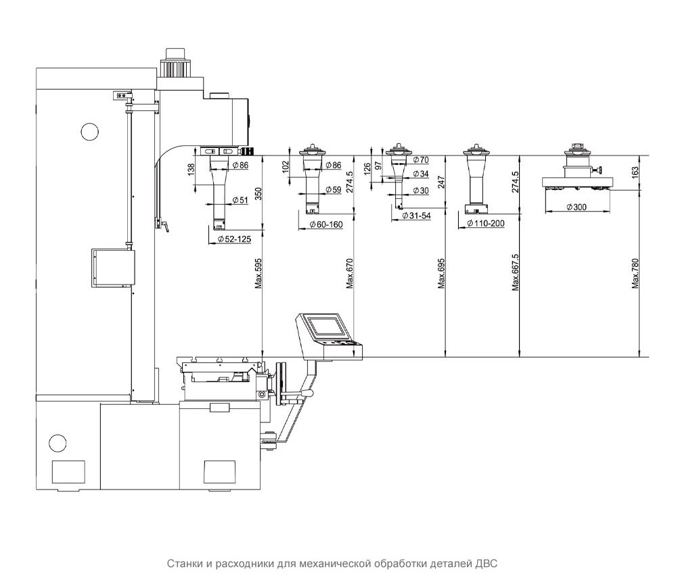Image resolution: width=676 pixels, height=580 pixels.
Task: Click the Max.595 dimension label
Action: [258, 273]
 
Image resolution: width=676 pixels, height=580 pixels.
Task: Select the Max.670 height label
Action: [349, 273]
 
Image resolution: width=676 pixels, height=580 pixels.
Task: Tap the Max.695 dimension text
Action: [441, 273]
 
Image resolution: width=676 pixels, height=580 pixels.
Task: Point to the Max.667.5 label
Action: [515, 272]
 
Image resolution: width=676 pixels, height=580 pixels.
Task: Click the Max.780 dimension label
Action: [635, 273]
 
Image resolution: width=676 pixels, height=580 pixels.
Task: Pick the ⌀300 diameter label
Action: [576, 207]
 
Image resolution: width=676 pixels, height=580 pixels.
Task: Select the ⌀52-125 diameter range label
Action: [233, 239]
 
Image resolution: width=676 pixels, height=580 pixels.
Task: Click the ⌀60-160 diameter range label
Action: [326, 224]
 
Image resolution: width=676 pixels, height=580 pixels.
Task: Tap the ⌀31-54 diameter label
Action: [416, 216]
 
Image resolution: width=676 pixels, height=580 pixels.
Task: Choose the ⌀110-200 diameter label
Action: [485, 224]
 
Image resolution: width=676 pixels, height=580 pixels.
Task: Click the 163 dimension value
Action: [635, 172]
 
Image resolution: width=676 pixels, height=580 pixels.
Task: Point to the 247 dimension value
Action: [441, 183]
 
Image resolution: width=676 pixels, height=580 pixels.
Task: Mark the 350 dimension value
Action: [258, 193]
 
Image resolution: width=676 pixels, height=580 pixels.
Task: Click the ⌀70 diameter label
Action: [421, 160]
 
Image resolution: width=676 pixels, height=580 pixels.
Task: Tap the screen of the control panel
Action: [326, 326]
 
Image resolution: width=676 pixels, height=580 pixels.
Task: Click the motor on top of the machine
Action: [175, 62]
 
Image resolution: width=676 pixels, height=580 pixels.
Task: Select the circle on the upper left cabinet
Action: [90, 131]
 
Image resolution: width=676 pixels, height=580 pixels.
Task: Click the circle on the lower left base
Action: [58, 442]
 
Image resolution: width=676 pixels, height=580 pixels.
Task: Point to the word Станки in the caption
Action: [185, 564]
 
